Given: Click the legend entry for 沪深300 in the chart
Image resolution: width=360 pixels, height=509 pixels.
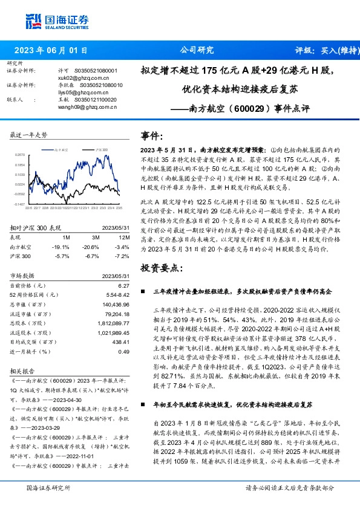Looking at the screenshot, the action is pos(100,149).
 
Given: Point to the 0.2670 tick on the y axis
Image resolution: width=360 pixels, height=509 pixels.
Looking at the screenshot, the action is pos(19,155).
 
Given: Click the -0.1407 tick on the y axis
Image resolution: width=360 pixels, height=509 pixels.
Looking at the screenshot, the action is pos(19,205).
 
